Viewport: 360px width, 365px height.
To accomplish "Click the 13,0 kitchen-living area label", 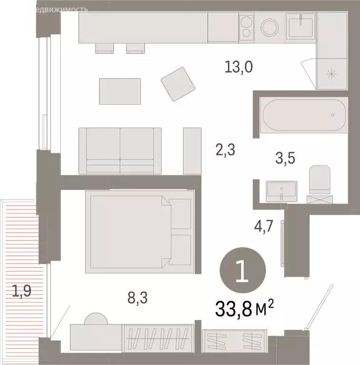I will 238,67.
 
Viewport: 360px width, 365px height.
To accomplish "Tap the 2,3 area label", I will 225,151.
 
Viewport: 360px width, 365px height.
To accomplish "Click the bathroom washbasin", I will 282,191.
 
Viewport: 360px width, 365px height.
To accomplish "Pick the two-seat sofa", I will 120,150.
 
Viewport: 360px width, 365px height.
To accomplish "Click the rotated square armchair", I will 178,84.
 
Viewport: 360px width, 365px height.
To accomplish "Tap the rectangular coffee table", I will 120,91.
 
